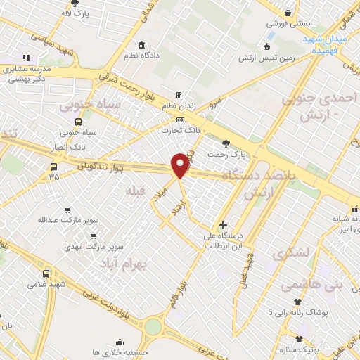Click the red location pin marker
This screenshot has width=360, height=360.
pyautogui.click(x=181, y=164)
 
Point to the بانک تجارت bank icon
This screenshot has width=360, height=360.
pyautogui.click(x=181, y=120)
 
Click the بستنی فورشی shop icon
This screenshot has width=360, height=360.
pyautogui.click(x=288, y=11)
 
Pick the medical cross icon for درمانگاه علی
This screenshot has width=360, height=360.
pyautogui.click(x=223, y=226)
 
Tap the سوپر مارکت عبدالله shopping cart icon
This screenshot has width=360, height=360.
pyautogui.click(x=67, y=210)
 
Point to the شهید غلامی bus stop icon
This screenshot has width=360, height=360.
pyautogui.click(x=46, y=273)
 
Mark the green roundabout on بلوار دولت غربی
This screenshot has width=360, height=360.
pyautogui.click(x=153, y=326)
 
